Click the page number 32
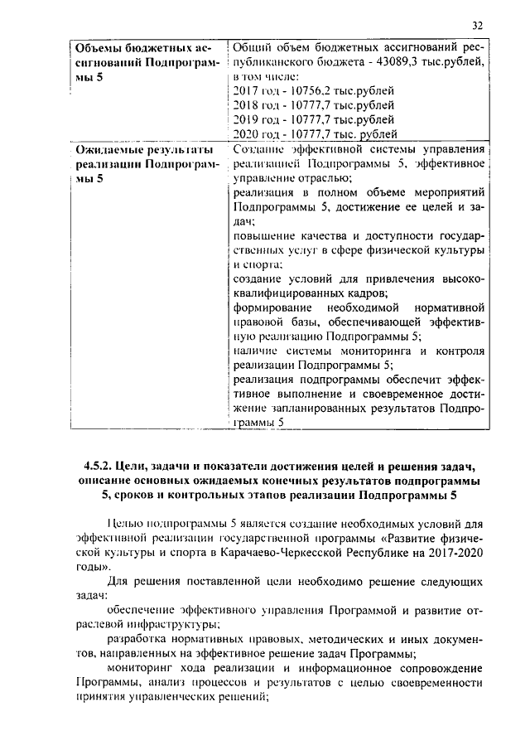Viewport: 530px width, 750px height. (479, 24)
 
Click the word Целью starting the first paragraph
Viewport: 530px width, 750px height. (125, 524)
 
